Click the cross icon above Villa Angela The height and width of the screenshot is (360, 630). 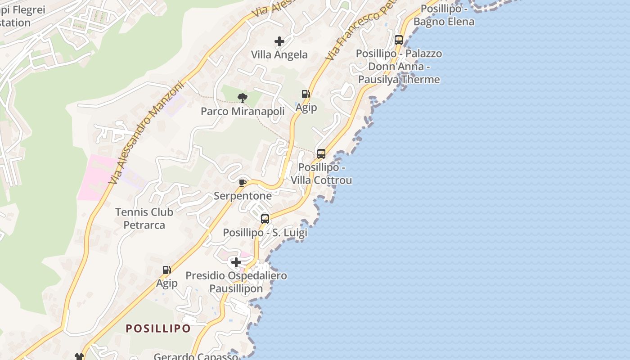coord(279,41)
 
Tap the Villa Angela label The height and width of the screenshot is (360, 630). coord(279,55)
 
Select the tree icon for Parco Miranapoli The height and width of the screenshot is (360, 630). coord(243,98)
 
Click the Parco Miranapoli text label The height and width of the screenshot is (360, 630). coord(243,111)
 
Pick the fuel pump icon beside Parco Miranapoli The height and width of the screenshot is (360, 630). coord(306,94)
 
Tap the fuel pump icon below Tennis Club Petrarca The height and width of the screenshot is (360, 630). coord(167,270)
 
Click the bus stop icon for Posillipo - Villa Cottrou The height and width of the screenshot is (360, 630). coord(321,154)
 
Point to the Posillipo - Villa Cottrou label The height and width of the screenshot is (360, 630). coord(321,174)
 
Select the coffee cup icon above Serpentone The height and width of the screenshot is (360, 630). coord(243,182)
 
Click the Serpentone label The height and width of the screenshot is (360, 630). coord(243,196)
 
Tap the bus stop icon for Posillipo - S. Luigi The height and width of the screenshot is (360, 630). coord(265,219)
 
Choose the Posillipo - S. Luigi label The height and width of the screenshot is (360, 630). coord(265,233)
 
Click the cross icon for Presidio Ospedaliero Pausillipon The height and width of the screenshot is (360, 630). coord(236,262)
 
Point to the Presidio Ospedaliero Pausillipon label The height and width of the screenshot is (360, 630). coord(236,282)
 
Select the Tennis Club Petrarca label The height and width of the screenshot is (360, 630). coord(144,218)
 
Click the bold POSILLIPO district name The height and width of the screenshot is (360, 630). coord(158,328)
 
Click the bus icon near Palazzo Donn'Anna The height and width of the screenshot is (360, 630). coord(399,40)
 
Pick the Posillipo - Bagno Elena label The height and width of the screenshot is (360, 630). coord(444,15)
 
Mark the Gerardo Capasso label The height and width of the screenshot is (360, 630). coord(196,356)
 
